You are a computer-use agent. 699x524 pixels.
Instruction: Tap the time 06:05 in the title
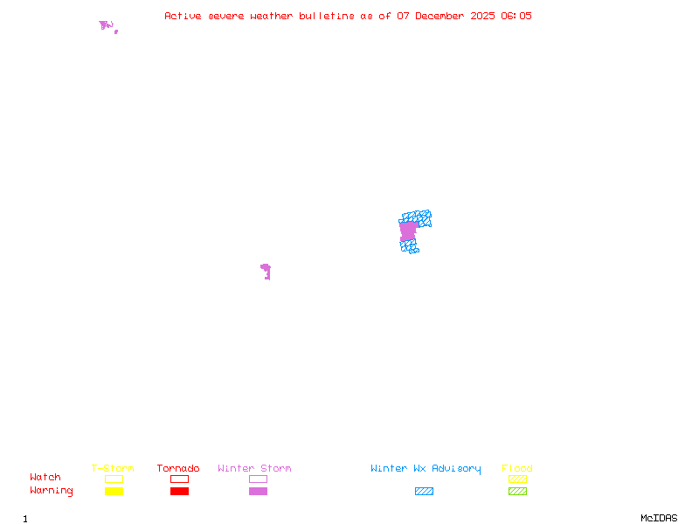[516, 16]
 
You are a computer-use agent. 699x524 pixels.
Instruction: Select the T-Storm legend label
[113, 469]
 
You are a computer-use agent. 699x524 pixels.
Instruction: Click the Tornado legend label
[178, 469]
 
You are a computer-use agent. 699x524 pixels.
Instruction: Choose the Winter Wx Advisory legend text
[426, 469]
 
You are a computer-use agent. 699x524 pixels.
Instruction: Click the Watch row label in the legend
[45, 478]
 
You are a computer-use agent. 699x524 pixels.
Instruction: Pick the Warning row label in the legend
[52, 491]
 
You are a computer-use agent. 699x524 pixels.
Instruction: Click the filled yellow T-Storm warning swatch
[114, 491]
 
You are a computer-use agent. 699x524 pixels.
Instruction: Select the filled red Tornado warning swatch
[179, 491]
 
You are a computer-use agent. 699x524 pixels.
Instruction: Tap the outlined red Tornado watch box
[179, 479]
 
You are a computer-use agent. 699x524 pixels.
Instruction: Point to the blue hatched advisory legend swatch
[424, 491]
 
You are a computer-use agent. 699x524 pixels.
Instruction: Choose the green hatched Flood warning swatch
[517, 491]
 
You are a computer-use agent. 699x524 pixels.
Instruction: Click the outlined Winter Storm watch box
[258, 479]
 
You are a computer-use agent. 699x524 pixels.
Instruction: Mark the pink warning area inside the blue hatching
[408, 231]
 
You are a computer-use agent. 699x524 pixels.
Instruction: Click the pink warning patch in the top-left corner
[106, 25]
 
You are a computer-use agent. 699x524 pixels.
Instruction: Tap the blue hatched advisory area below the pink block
[409, 247]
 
